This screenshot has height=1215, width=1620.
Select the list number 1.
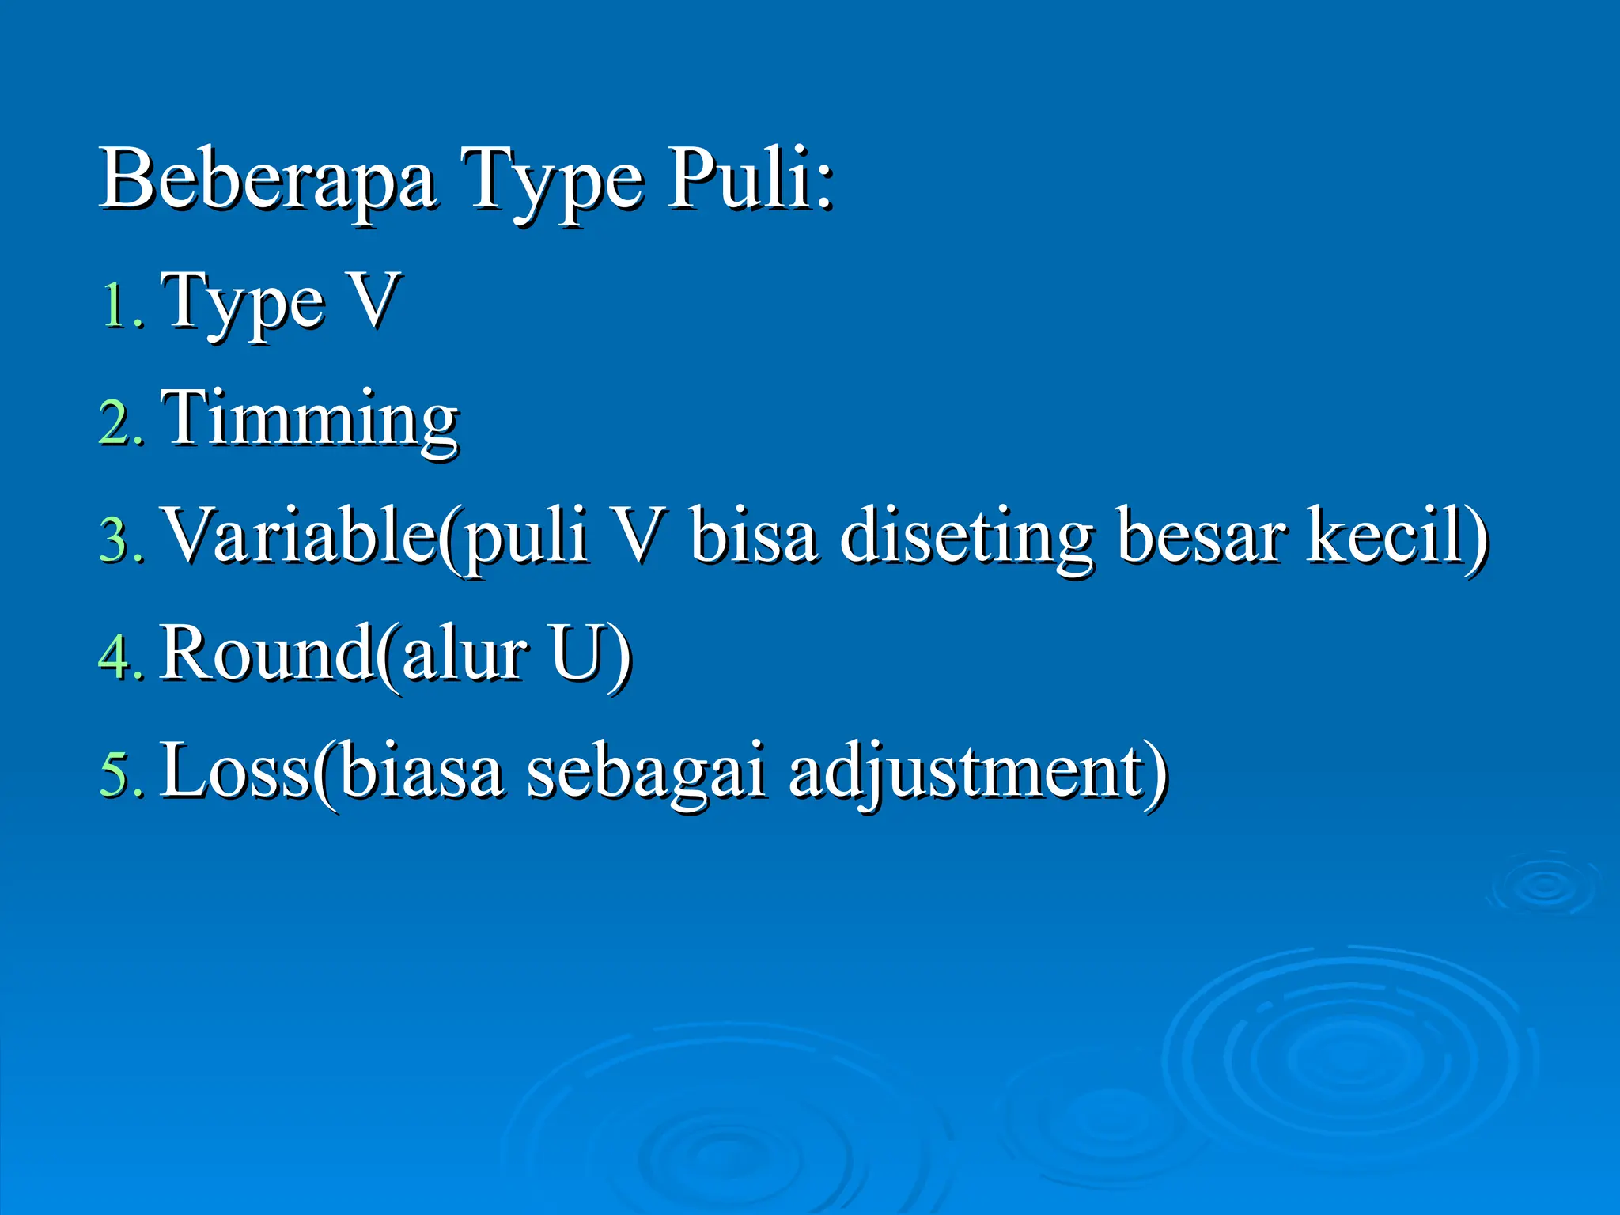click(121, 305)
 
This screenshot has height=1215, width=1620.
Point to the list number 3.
click(121, 539)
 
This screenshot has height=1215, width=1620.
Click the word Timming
click(309, 419)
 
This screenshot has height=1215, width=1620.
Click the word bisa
click(753, 536)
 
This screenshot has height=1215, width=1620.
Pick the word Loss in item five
click(235, 770)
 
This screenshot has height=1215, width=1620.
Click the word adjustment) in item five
click(978, 772)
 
